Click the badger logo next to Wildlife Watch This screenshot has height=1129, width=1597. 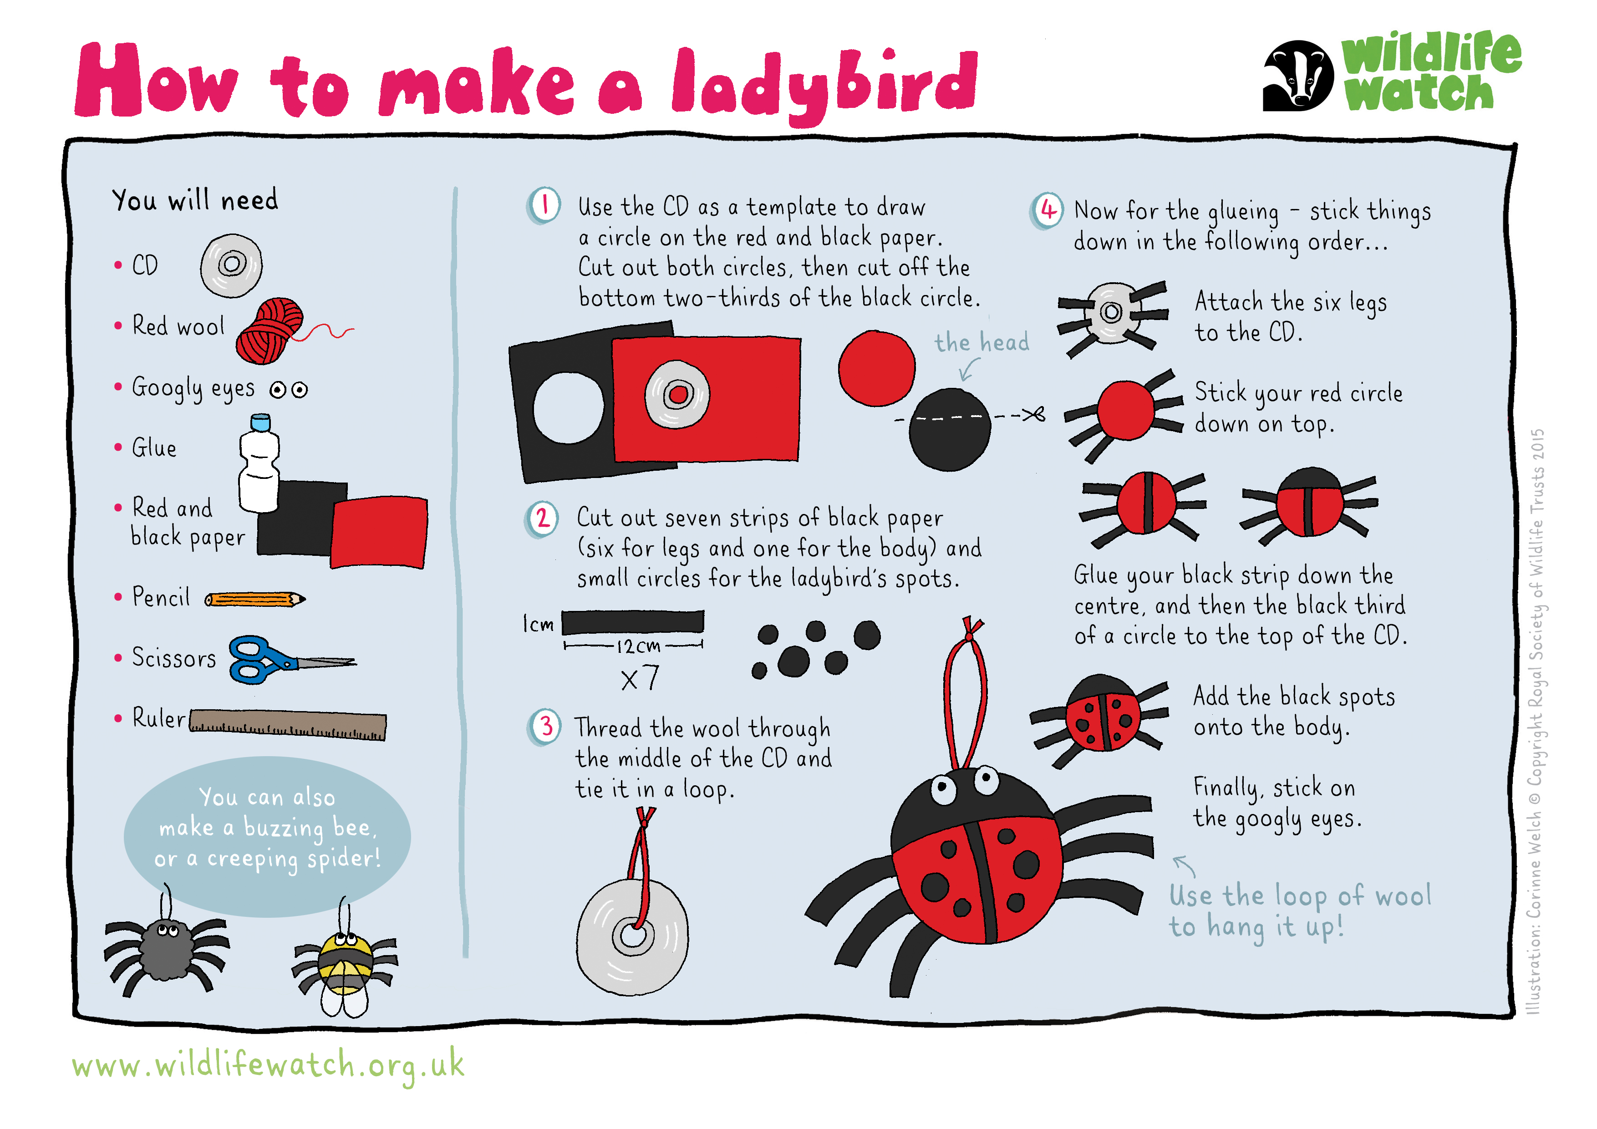pyautogui.click(x=1298, y=75)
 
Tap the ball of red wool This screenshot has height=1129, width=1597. pyautogui.click(x=270, y=331)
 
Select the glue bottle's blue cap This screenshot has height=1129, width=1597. pyautogui.click(x=259, y=422)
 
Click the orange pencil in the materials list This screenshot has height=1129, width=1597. pyautogui.click(x=254, y=599)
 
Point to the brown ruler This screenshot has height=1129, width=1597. pyautogui.click(x=287, y=725)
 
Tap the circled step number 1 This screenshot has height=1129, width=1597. pyautogui.click(x=544, y=205)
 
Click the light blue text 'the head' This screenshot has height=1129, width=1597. pyautogui.click(x=982, y=342)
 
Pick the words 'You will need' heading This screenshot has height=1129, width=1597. pyautogui.click(x=195, y=200)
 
